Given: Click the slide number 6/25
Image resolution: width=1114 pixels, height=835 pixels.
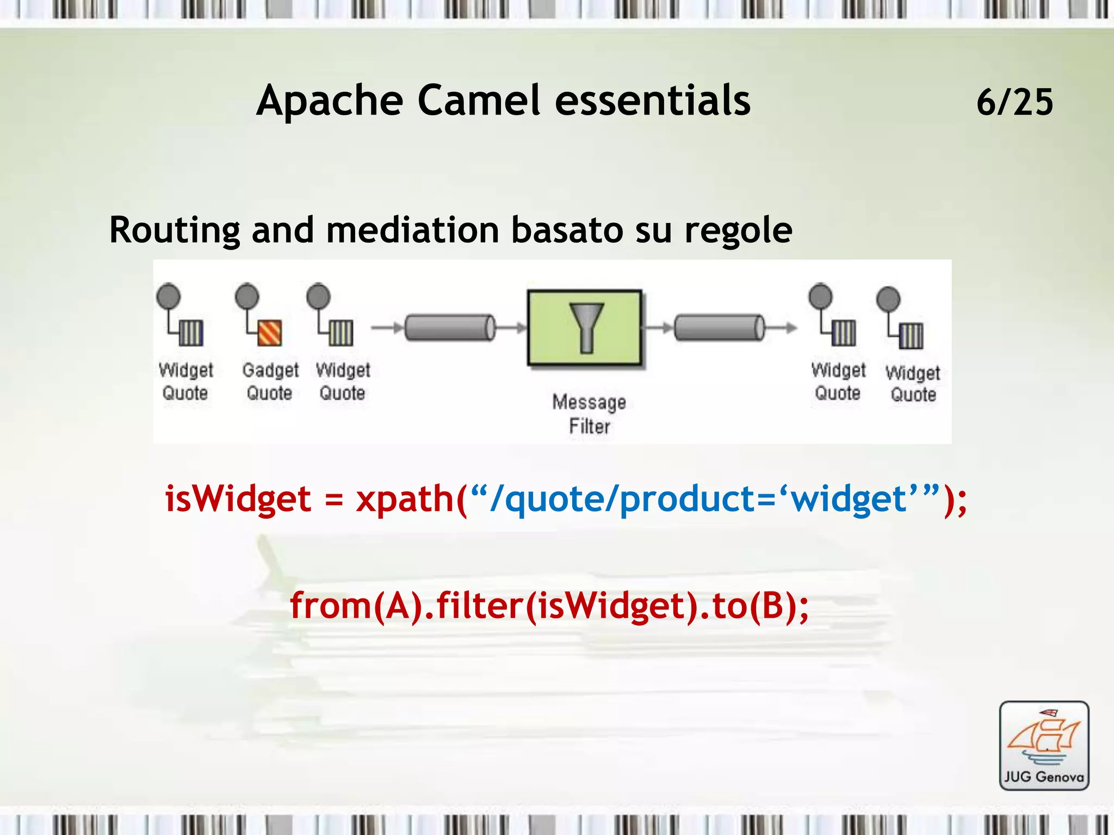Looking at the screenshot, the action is pyautogui.click(x=1014, y=102).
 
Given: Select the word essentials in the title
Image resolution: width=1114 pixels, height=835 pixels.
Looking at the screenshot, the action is pyautogui.click(x=652, y=101).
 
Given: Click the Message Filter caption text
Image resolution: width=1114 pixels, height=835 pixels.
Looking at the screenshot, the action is pyautogui.click(x=589, y=414).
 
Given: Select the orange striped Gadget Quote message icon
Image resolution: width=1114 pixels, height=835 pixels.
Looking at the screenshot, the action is pyautogui.click(x=269, y=333).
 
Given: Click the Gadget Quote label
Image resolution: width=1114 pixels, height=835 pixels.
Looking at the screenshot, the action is pyautogui.click(x=270, y=381).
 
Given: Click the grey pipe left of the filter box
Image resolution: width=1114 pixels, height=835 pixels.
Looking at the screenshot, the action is pyautogui.click(x=450, y=328).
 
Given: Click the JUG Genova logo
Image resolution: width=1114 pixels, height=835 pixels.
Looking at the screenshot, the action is pyautogui.click(x=1044, y=745).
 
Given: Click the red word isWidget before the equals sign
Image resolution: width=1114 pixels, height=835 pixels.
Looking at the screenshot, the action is pyautogui.click(x=238, y=499).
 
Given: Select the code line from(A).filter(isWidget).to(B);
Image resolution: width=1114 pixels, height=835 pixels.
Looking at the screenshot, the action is pyautogui.click(x=549, y=606).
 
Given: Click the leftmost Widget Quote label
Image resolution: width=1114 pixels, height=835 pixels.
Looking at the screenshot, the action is pyautogui.click(x=185, y=381).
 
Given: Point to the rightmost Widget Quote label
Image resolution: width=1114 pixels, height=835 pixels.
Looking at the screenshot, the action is pyautogui.click(x=913, y=384).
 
